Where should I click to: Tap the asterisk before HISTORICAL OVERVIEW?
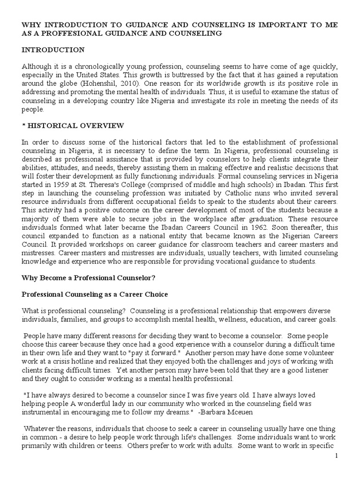click(23, 125)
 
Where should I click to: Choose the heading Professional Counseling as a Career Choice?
click(95, 294)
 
